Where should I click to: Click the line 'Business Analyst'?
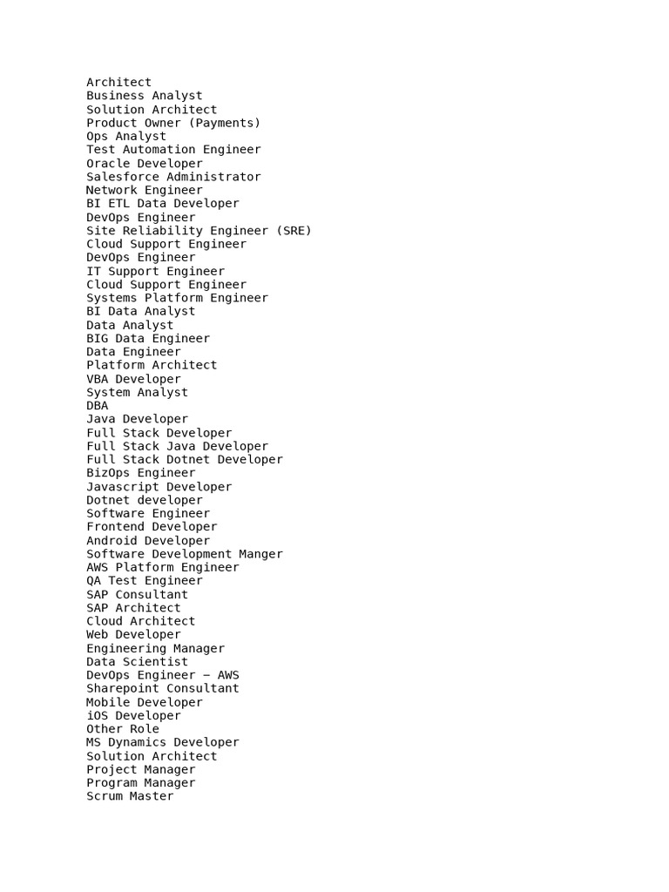pos(144,96)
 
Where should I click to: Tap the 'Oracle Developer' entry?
pos(144,163)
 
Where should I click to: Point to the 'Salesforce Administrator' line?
pos(173,177)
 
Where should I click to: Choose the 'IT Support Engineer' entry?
pos(155,271)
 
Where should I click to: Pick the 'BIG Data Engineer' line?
pos(148,338)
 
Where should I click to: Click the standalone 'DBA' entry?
pos(98,405)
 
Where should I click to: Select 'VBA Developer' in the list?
pos(133,379)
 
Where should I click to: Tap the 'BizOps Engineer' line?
pos(140,473)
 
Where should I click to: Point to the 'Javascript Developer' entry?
pos(159,487)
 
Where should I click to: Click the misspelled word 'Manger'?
pos(260,554)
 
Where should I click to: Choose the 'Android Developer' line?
pos(148,541)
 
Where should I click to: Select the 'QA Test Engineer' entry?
pos(144,581)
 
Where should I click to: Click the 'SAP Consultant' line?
pos(137,595)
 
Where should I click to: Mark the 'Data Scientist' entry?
pos(137,662)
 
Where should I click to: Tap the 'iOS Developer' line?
pos(133,716)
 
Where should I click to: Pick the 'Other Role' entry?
pos(123,729)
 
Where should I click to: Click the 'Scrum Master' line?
pos(130,796)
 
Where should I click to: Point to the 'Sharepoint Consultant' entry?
pos(162,688)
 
